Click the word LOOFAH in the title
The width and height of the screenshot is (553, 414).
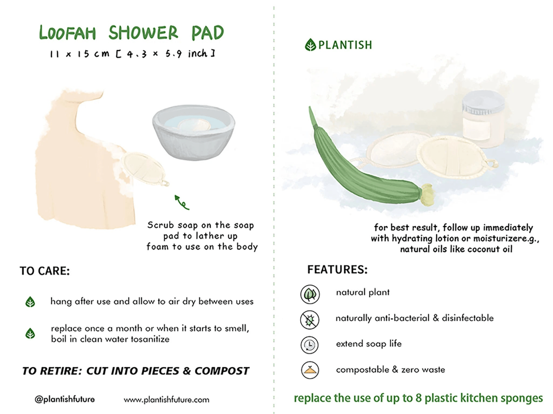[67, 33]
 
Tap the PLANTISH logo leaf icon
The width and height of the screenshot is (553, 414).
[310, 45]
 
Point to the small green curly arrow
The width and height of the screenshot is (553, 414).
[181, 202]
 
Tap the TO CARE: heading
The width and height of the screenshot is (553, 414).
[45, 271]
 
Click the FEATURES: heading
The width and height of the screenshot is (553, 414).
[337, 270]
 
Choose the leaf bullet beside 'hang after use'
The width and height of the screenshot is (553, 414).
[30, 302]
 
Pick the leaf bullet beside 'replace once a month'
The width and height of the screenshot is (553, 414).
[30, 333]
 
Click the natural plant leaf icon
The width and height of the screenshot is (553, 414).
[310, 294]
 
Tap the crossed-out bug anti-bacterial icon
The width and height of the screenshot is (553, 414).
[310, 320]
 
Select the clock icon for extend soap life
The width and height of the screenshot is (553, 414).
[310, 345]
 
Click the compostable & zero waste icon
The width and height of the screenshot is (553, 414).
[310, 370]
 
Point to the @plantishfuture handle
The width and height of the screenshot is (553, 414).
[65, 399]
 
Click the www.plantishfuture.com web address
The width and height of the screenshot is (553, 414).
[166, 400]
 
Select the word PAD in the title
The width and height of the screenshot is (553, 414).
[208, 33]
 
